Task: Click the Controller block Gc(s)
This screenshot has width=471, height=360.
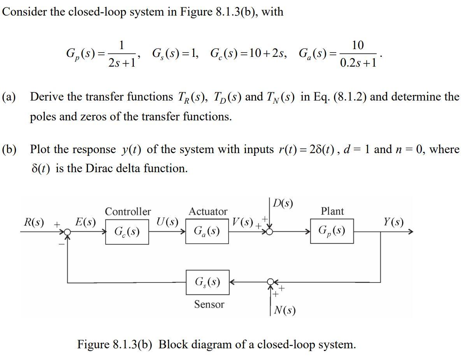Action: tap(127, 232)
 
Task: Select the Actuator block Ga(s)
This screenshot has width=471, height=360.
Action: tap(207, 231)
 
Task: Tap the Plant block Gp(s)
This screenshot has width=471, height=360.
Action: tap(332, 231)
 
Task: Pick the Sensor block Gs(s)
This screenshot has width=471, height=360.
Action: tap(207, 282)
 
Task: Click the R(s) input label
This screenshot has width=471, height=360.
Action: tap(33, 222)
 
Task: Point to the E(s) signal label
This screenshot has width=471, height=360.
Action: tap(85, 222)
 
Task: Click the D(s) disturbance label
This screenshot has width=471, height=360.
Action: tap(283, 204)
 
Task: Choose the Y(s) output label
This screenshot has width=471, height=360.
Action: tap(393, 222)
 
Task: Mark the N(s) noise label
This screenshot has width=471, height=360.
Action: tap(285, 311)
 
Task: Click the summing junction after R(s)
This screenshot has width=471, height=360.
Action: tap(68, 232)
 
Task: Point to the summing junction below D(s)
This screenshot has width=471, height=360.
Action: tap(270, 232)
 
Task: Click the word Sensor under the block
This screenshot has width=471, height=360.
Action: tap(209, 304)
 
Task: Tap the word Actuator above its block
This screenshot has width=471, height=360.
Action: tap(208, 212)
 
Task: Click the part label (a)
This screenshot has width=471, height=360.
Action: tap(9, 97)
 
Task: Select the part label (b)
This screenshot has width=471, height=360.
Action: tap(9, 149)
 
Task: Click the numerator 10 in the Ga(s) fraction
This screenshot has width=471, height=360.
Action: tap(357, 46)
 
